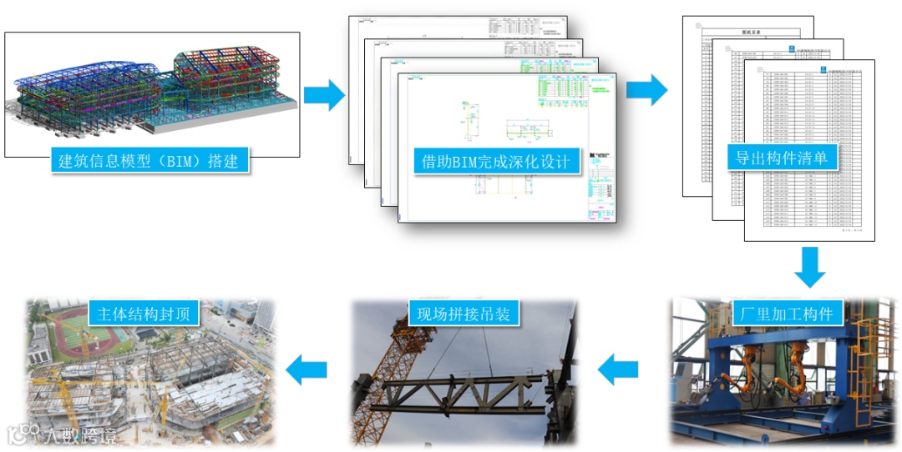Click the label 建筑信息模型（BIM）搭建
pyautogui.click(x=150, y=160)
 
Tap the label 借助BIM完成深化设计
pyautogui.click(x=497, y=162)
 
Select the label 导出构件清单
pyautogui.click(x=781, y=157)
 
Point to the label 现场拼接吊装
pyautogui.click(x=464, y=314)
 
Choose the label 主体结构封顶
pyautogui.click(x=144, y=314)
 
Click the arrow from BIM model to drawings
pyautogui.click(x=324, y=95)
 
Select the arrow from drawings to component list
pyautogui.click(x=646, y=90)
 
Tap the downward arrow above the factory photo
pyautogui.click(x=809, y=267)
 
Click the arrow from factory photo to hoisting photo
pyautogui.click(x=618, y=369)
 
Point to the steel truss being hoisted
pyautogui.click(x=468, y=392)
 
